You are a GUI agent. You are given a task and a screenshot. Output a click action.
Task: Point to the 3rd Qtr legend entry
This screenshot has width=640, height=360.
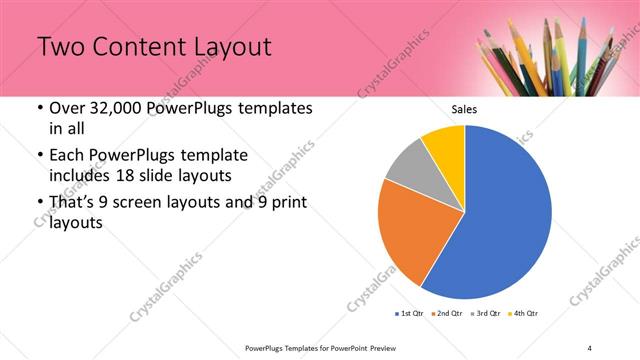point(486,314)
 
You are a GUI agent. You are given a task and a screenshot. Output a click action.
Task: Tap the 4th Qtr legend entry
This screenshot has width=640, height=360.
point(524,314)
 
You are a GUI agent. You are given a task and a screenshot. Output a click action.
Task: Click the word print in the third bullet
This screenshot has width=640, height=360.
point(287,203)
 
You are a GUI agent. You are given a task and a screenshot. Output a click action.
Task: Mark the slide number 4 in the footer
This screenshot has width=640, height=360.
point(589,347)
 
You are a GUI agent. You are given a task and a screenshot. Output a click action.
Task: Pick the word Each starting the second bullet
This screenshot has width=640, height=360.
point(66,155)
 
